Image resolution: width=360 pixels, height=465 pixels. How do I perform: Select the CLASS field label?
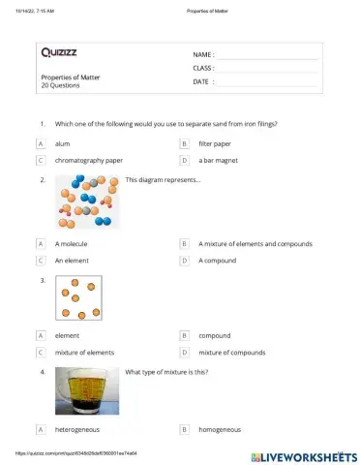pos(203,69)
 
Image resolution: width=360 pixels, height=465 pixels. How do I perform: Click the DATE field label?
pos(201,82)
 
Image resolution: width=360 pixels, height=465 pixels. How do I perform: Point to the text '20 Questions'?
pos(60,85)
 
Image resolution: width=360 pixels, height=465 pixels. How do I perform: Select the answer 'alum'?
pos(63,143)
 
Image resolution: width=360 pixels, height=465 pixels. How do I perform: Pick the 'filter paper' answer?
pos(215,143)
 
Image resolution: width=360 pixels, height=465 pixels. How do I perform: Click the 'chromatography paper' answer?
pos(89,160)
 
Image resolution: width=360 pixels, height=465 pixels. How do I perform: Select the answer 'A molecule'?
pos(71,244)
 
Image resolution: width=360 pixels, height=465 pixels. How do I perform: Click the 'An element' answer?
pos(72,261)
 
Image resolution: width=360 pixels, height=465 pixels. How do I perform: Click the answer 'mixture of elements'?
pos(84,353)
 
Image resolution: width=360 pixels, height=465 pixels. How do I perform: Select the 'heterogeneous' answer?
pos(77,428)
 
